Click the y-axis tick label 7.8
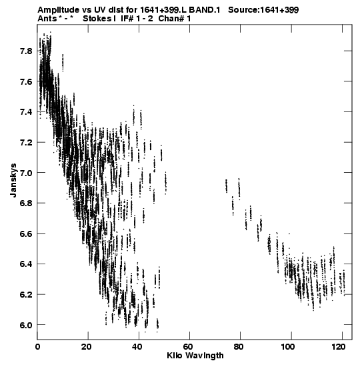[x=26, y=51]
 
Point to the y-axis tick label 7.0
[x=26, y=173]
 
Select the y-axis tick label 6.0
[x=26, y=325]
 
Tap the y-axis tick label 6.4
[x=26, y=264]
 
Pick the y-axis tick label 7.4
[x=26, y=112]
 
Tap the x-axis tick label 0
[x=37, y=347]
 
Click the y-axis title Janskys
[x=13, y=180]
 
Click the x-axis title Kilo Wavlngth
[x=195, y=356]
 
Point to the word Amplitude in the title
[x=58, y=10]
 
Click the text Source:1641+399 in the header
[x=263, y=10]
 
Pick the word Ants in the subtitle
[x=47, y=19]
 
